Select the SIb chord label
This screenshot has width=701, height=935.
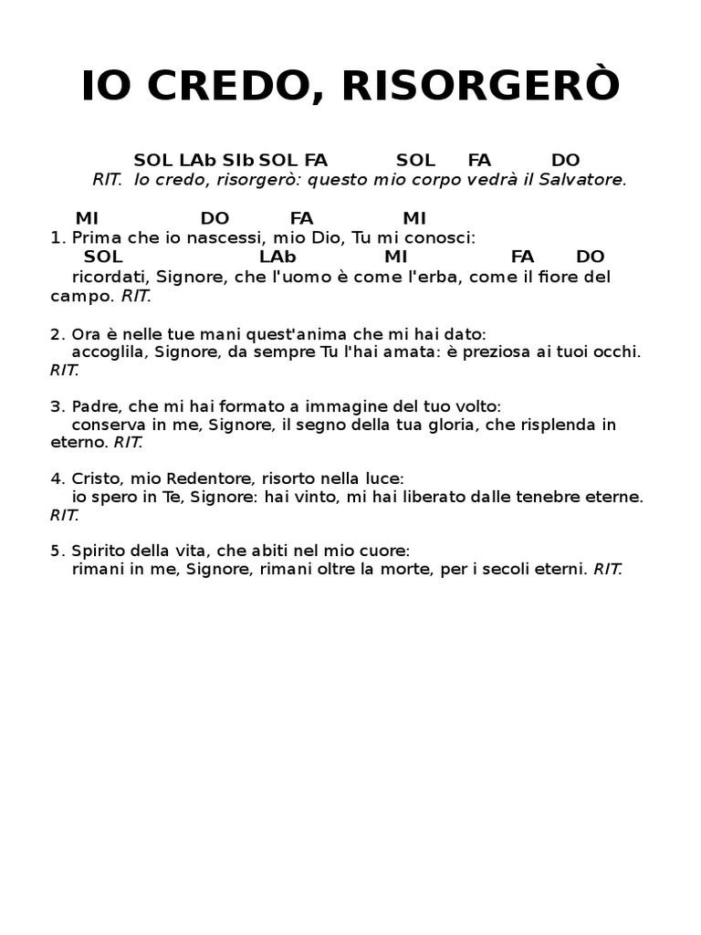(x=238, y=161)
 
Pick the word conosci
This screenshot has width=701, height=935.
(x=443, y=238)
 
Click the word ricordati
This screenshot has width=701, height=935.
(x=111, y=277)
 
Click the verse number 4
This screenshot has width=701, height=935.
(x=55, y=478)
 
